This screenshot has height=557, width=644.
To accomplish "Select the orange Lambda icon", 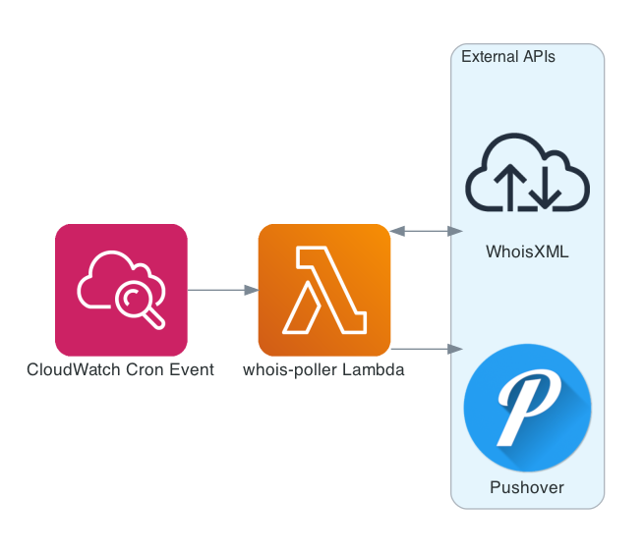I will point(324,290).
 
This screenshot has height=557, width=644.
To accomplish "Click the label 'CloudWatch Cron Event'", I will point(121,370).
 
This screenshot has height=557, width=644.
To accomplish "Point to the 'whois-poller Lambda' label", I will point(324,370).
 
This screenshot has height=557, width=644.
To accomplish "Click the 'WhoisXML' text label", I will point(527,252).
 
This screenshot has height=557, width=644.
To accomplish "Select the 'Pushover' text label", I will point(527,487).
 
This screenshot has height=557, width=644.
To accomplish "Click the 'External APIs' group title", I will point(508,57).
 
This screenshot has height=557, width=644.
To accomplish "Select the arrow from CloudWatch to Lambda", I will point(222,290).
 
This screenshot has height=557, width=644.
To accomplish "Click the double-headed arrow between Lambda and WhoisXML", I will point(426,231).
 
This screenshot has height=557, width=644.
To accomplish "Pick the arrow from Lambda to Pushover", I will point(426,349).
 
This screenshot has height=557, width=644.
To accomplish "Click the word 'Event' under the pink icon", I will point(192,370).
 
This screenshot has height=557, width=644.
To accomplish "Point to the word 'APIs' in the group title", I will point(538,57).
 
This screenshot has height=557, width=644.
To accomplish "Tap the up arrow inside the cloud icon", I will point(508,188).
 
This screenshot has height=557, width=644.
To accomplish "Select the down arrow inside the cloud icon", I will point(546,188).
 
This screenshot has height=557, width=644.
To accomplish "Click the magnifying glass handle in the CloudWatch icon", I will point(152,316).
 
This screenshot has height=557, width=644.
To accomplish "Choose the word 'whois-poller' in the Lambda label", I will point(289,370).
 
